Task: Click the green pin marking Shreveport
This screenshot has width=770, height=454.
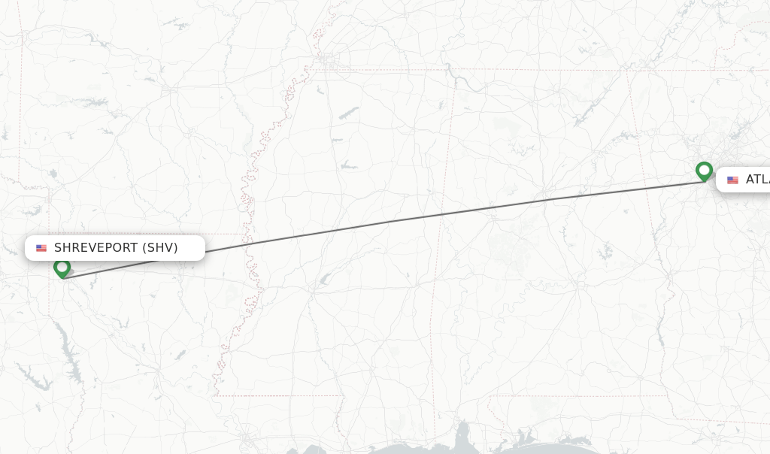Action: (x=62, y=268)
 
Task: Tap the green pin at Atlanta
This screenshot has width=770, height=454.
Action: (x=704, y=171)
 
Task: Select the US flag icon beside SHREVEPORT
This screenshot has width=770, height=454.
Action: (x=41, y=248)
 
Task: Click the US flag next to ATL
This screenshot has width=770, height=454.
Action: (x=732, y=180)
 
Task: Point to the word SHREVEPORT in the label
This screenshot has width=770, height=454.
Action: (x=95, y=248)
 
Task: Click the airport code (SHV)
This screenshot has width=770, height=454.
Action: (x=160, y=248)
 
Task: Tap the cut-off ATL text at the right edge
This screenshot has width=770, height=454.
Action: (x=757, y=180)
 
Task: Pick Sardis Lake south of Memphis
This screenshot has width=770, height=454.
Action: (x=347, y=113)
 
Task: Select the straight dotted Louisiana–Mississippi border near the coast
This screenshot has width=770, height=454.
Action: (x=278, y=395)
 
